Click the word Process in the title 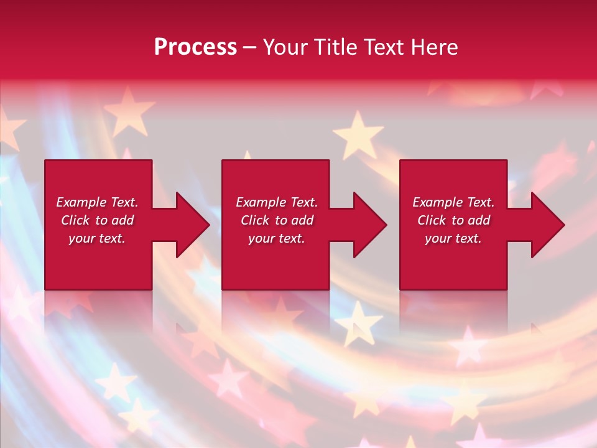coord(195,47)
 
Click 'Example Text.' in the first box coord(97,202)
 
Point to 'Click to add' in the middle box coord(277,220)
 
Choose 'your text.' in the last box coord(453,238)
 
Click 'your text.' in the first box coord(97,238)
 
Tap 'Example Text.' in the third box coord(453,202)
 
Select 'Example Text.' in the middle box coord(277,202)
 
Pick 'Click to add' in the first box coord(97,220)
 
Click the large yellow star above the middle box coord(358,134)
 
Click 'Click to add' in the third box coord(453,220)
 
